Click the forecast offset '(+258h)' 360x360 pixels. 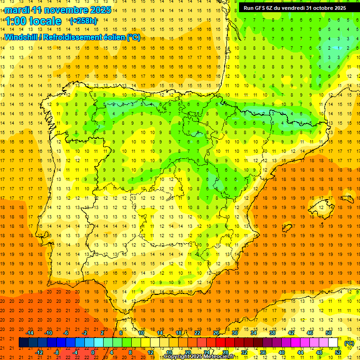coord(83,21)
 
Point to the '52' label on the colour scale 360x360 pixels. coord(338,352)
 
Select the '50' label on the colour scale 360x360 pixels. coord(329,333)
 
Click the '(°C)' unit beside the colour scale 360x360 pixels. coord(349,343)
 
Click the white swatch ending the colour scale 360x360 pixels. coord(333,343)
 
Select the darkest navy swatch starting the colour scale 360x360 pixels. coord(23,343)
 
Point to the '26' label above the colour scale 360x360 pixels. coord(216,333)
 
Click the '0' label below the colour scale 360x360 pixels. coord(93,352)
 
